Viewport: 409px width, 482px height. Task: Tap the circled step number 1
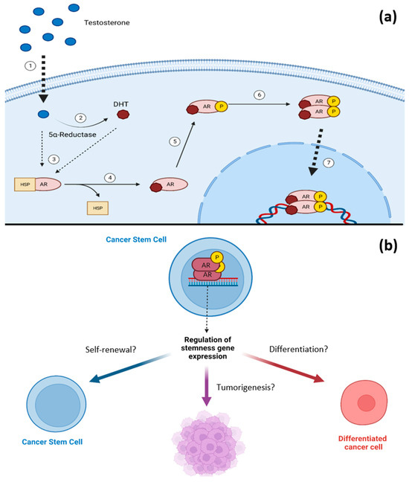[x=30, y=65]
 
